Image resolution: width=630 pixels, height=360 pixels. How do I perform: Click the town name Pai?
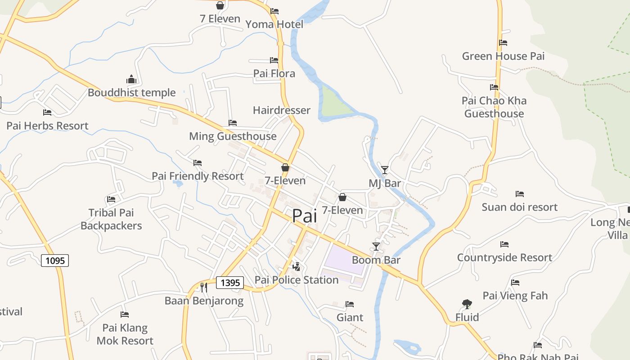[305, 216]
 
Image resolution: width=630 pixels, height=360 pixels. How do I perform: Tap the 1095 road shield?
[55, 260]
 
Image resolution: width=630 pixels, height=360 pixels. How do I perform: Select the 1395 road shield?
[230, 283]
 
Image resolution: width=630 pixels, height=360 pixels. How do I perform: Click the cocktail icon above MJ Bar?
[385, 170]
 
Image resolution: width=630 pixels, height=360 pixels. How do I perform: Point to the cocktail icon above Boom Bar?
[376, 246]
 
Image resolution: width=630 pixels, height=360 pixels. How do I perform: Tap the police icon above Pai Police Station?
[296, 266]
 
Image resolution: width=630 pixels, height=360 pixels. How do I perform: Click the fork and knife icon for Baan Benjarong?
[204, 287]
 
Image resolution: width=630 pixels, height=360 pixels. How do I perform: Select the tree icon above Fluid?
[467, 304]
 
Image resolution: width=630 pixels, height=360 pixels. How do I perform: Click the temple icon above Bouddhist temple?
[131, 80]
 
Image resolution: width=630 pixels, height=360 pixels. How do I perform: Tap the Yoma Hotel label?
[274, 24]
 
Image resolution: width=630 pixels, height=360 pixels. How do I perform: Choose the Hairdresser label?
[282, 110]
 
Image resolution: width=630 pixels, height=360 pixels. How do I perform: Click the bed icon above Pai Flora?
[274, 60]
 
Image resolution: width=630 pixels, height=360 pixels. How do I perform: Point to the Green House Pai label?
[503, 56]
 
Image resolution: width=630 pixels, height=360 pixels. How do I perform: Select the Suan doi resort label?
[520, 207]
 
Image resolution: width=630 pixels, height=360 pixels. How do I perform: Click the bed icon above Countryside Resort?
[504, 244]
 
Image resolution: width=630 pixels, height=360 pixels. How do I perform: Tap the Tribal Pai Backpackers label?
[111, 219]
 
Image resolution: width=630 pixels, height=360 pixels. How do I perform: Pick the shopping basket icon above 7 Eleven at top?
[220, 5]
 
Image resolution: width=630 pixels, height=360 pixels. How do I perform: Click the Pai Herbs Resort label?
[47, 126]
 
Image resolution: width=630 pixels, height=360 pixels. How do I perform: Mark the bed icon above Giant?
[350, 304]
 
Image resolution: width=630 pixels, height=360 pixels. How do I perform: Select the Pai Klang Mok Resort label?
[125, 334]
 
